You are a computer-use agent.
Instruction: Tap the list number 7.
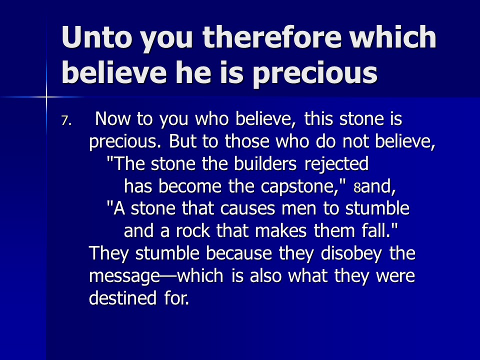pyautogui.click(x=66, y=120)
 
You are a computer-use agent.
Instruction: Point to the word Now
pyautogui.click(x=112, y=118)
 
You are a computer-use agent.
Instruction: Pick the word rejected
pyautogui.click(x=336, y=164)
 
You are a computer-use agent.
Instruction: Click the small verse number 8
pyautogui.click(x=357, y=187)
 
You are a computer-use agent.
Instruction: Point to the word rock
pyautogui.click(x=193, y=230)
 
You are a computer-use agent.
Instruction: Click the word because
pyautogui.click(x=239, y=253)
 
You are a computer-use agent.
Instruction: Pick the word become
pyautogui.click(x=190, y=186)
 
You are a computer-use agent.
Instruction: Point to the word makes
pyautogui.click(x=280, y=230)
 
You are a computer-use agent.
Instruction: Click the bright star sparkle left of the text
pyautogui.click(x=46, y=97)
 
